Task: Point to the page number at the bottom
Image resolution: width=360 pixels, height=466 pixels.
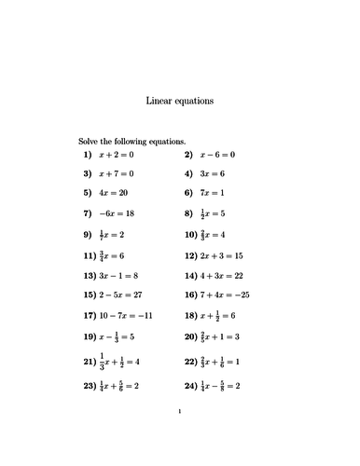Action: click(x=179, y=436)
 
